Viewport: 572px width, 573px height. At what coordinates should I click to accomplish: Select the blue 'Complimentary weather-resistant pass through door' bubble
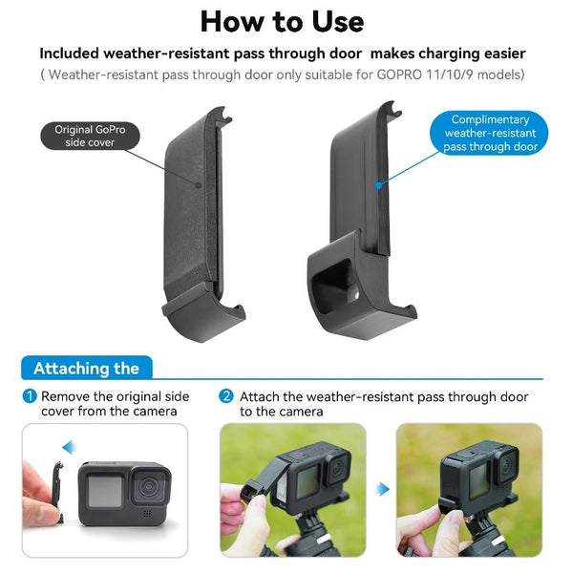[490, 134]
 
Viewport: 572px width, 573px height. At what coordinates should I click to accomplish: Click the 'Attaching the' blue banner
[86, 369]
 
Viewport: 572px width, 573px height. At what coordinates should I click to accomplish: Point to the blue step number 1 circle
[31, 396]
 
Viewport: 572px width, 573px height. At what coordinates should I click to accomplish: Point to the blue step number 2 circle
[226, 396]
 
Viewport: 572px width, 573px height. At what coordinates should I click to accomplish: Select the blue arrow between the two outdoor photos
[382, 489]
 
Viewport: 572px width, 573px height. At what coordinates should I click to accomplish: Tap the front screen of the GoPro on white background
[104, 492]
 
